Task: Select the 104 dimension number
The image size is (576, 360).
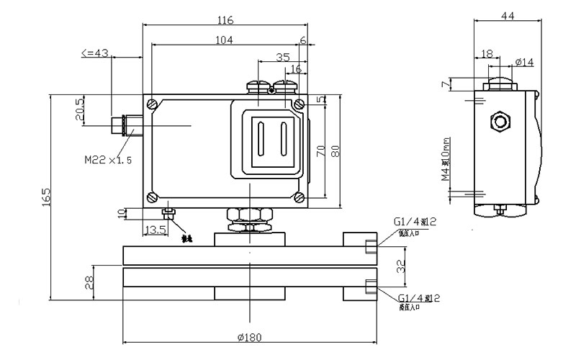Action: (x=224, y=41)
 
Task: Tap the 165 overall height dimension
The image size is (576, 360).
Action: (x=45, y=197)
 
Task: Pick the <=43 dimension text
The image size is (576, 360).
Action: (x=95, y=53)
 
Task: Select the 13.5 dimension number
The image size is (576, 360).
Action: (x=156, y=230)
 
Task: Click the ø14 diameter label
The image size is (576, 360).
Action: (x=525, y=63)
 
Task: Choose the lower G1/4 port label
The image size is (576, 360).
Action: (x=415, y=298)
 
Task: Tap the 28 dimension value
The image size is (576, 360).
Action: (x=89, y=282)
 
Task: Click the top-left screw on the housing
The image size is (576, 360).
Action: (x=151, y=104)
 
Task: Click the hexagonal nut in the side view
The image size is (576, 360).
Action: (x=498, y=121)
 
